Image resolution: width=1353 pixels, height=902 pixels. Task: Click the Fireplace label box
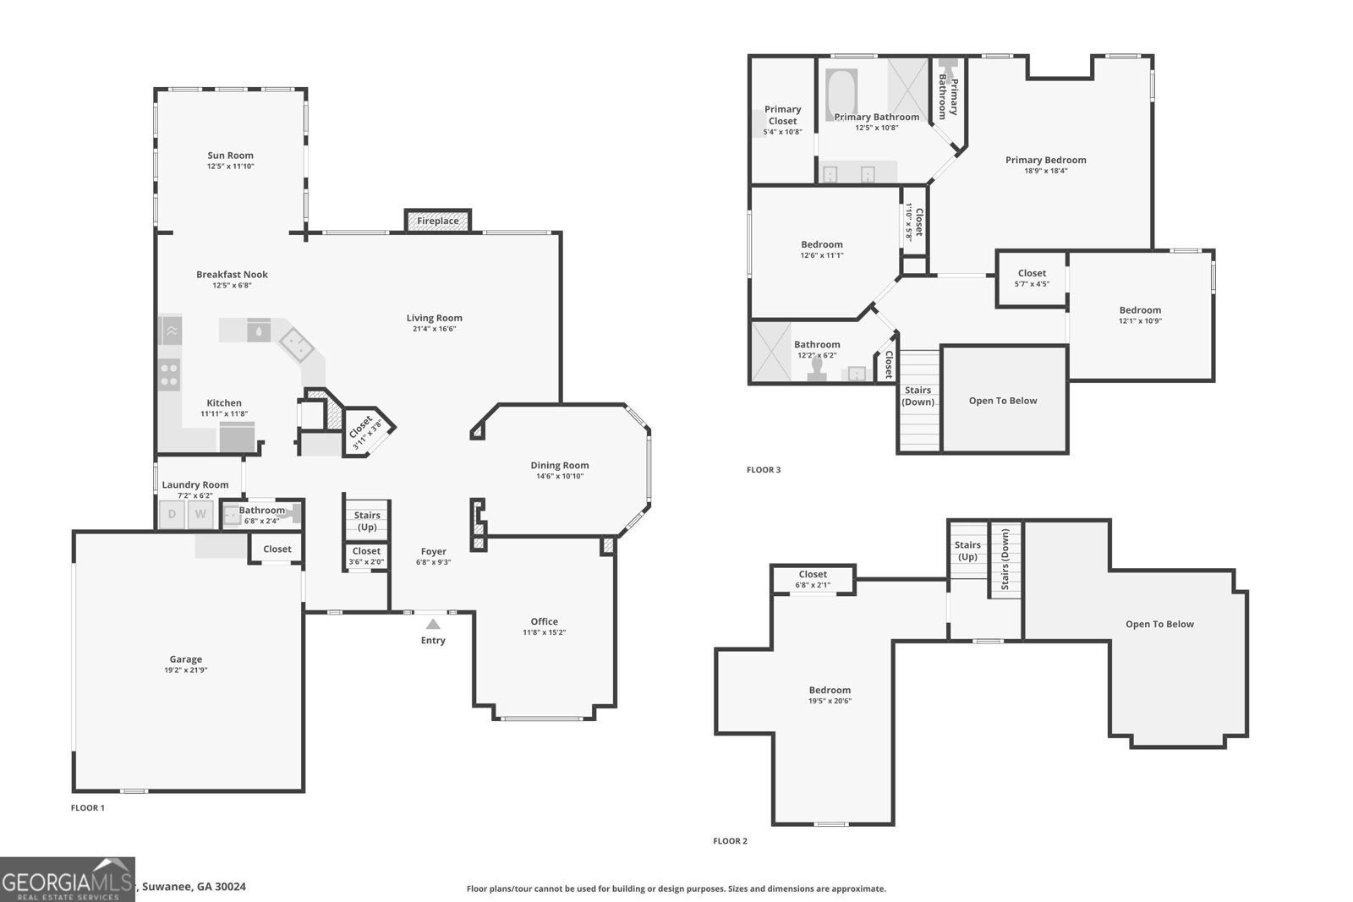pos(437,221)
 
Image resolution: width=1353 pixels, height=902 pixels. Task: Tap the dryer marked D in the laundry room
pos(173,514)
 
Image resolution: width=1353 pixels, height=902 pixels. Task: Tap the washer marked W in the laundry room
pos(200,514)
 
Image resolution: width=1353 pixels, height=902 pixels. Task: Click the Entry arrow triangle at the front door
pos(433,624)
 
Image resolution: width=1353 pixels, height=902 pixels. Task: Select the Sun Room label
pos(230,156)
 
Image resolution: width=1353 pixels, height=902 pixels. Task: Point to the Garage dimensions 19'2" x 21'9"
pos(185,670)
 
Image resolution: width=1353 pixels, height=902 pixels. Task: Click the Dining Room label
pos(559,465)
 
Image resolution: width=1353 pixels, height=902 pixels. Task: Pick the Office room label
pos(544,621)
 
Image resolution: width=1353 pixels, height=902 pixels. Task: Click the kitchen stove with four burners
pos(169,374)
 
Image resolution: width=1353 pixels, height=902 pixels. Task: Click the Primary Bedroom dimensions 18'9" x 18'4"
pos(1045,171)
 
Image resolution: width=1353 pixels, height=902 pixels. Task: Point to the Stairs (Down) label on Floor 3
pos(918,396)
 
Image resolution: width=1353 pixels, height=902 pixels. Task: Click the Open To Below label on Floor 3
pos(1002,401)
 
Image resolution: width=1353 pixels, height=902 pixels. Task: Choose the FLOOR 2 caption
pos(730,841)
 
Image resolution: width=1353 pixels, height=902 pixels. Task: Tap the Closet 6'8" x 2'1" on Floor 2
pos(813,579)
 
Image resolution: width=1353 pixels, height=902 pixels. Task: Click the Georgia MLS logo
pos(67,879)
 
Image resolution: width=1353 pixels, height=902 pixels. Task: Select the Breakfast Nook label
pos(232,275)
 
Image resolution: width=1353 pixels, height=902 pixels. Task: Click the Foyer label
pos(433,551)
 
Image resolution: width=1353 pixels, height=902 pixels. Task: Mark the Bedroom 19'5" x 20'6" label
pos(829,690)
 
